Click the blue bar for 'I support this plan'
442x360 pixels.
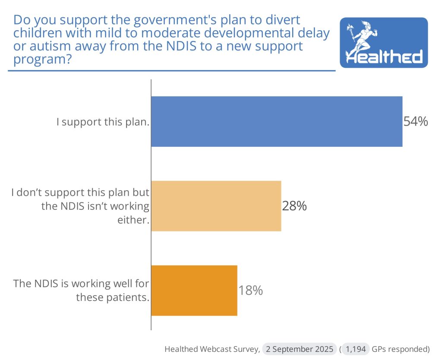[x=276, y=121]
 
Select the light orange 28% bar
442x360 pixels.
[x=216, y=206]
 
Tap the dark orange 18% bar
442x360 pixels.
[x=194, y=290]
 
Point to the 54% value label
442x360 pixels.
[x=416, y=122]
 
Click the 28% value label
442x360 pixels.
[x=294, y=206]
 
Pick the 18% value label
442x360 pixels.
[x=251, y=291]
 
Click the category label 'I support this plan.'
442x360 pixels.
[x=103, y=122]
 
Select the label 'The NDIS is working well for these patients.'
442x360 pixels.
[x=81, y=291]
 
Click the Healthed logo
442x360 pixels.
[x=384, y=42]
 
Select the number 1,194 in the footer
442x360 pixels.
[x=356, y=349]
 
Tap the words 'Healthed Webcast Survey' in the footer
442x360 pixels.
[x=212, y=349]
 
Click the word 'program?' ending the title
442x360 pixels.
[x=42, y=59]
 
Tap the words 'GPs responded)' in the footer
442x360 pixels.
[x=401, y=349]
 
